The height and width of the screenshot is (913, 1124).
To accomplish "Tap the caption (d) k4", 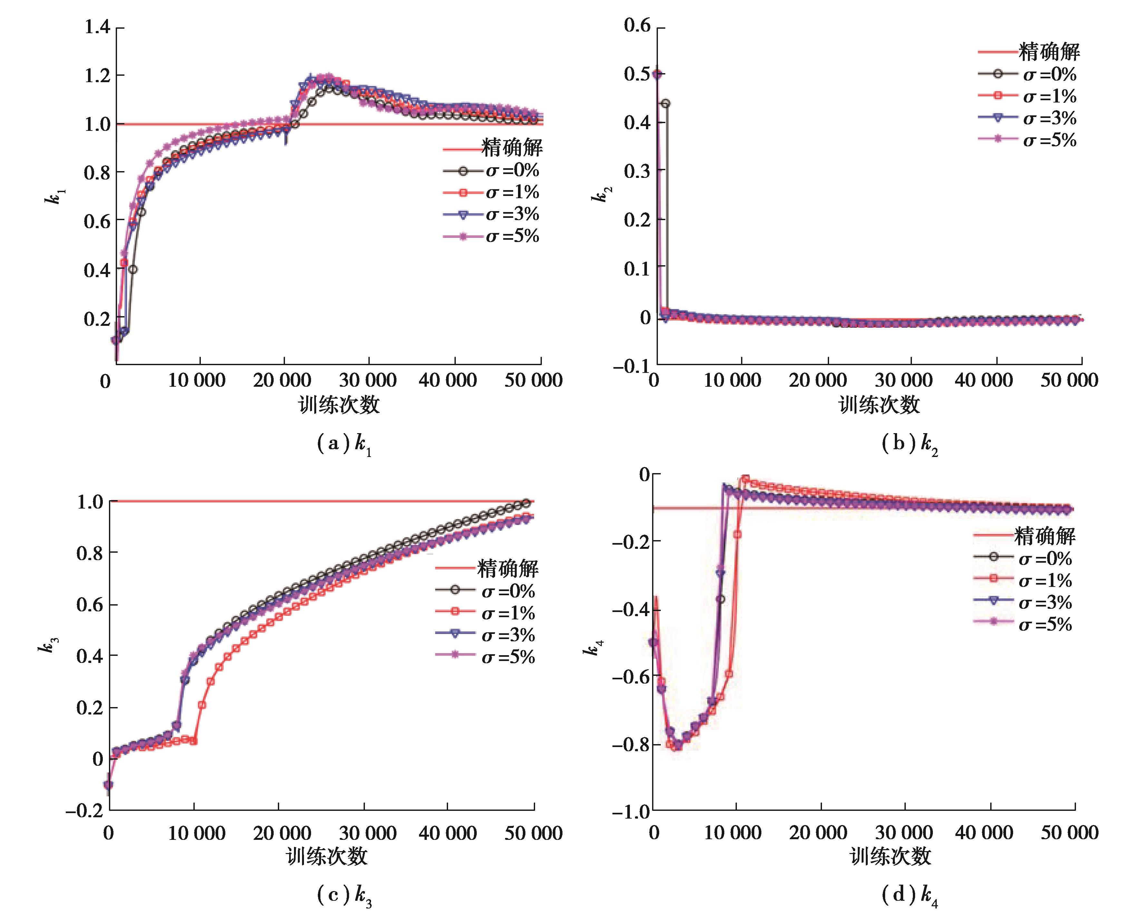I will pos(909,895).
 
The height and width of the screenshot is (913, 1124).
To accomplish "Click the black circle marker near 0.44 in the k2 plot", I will pos(665,103).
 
